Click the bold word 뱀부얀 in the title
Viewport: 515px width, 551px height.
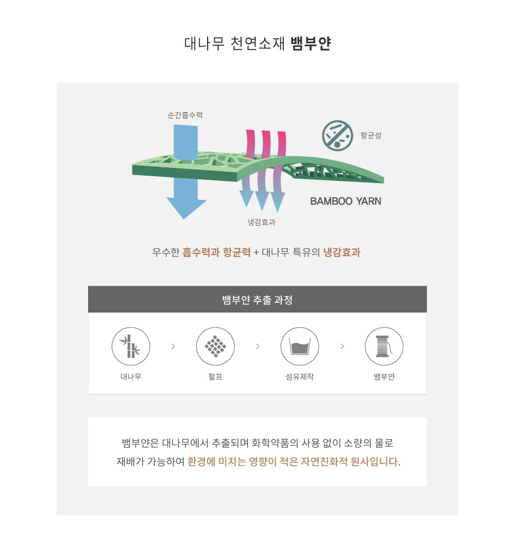(x=311, y=44)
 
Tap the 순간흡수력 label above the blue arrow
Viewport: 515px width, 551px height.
(x=185, y=115)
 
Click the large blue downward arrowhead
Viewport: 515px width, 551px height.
(x=186, y=208)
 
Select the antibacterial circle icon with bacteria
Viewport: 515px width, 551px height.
(x=337, y=135)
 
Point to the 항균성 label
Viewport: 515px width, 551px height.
(x=371, y=135)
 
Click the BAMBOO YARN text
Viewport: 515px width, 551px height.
(x=346, y=201)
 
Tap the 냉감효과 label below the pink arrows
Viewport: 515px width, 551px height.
(x=261, y=222)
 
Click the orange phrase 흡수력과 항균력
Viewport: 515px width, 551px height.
(x=216, y=252)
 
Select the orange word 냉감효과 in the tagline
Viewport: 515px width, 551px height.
(x=341, y=252)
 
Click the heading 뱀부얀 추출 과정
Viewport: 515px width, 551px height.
(x=257, y=300)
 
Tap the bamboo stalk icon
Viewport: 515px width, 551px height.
(x=131, y=347)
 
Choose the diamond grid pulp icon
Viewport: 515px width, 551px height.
(x=215, y=347)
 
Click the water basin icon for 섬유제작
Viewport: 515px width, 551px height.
(x=300, y=347)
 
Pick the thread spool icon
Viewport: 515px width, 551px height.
(x=384, y=347)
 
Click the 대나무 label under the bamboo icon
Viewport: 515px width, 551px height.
(x=131, y=377)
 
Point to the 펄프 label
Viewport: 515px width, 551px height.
(x=215, y=377)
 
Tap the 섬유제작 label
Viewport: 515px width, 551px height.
(x=300, y=377)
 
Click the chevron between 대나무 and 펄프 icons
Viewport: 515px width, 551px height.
(x=174, y=347)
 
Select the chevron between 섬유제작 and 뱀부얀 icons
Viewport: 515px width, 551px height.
(x=342, y=347)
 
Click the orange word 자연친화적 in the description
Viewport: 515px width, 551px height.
(x=324, y=461)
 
